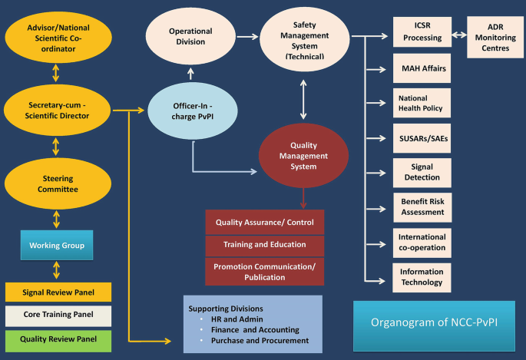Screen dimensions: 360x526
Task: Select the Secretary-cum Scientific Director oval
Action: (x=59, y=111)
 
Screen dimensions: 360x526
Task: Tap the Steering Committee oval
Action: (x=59, y=183)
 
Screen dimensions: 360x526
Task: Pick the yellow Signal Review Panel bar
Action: (x=58, y=292)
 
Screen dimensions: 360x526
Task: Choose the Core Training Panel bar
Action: (x=58, y=315)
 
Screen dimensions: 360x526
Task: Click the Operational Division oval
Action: (x=190, y=37)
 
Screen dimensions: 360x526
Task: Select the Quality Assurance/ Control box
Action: (x=265, y=223)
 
